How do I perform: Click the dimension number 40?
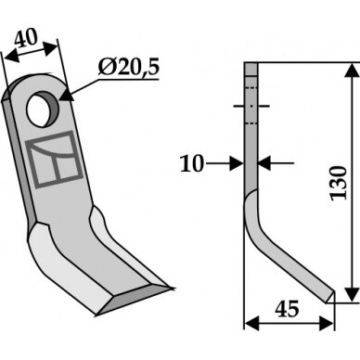[26, 38]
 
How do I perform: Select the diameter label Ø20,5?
[129, 68]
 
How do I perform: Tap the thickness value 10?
[192, 163]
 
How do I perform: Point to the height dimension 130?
[339, 183]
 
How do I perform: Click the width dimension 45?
[288, 309]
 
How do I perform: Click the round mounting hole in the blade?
[42, 109]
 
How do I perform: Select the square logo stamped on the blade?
[55, 160]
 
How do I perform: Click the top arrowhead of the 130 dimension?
[352, 71]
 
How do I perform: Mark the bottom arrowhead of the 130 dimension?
[352, 293]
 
